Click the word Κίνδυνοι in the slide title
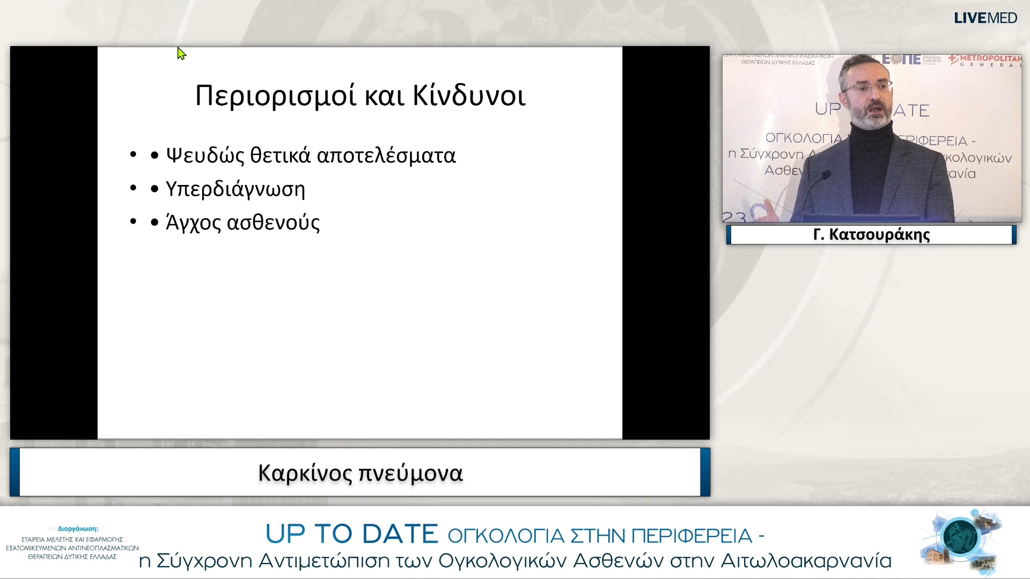pos(469,96)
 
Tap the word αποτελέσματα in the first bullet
pos(386,156)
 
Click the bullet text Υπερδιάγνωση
pos(235,189)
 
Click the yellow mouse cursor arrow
pos(181,54)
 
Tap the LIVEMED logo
pos(985,18)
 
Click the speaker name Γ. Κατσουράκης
pos(871,235)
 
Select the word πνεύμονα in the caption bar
pos(410,473)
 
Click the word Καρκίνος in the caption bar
pos(305,473)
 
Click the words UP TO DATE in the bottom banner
pos(351,534)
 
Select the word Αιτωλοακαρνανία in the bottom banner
pos(806,561)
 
